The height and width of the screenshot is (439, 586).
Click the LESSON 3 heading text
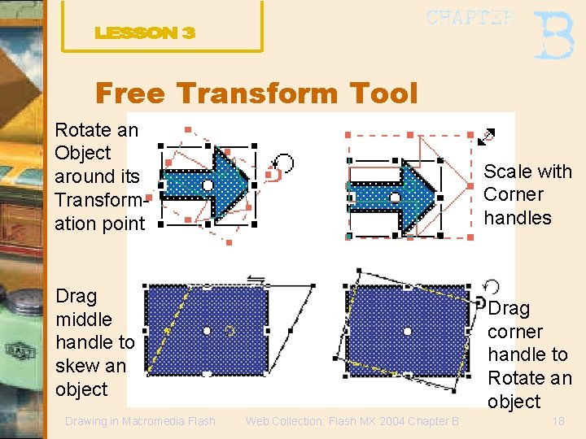145,33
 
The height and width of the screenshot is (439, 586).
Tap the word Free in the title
133,93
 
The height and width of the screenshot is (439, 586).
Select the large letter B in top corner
553,35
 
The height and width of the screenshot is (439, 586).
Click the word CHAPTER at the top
470,18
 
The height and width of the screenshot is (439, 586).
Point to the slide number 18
558,421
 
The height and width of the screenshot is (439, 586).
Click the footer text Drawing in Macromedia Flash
140,421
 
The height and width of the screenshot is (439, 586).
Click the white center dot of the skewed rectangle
207,330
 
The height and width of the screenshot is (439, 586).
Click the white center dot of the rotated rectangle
407,330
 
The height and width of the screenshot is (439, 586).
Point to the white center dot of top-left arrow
208,185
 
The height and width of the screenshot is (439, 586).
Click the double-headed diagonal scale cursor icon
486,136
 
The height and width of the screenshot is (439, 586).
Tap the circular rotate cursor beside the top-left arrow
282,162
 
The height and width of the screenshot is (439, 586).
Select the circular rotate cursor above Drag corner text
491,286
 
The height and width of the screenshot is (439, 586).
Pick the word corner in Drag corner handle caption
514,332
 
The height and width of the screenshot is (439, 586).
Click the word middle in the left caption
83,319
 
